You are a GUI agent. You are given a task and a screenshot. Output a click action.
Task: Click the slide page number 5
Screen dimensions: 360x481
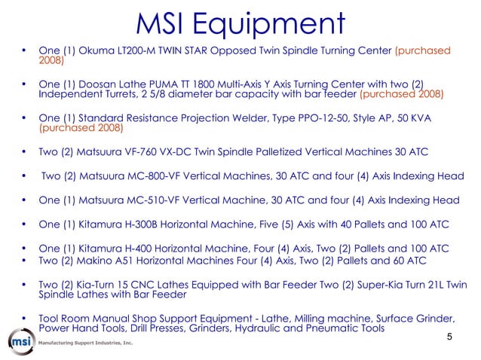pyautogui.click(x=449, y=337)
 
